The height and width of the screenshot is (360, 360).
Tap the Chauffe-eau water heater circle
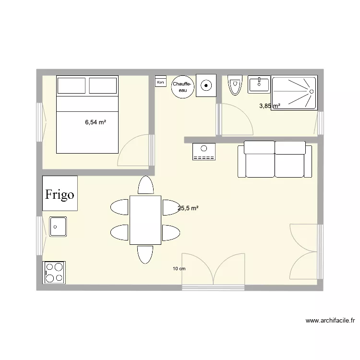(183, 87)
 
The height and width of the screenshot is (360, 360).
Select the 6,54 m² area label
(96, 122)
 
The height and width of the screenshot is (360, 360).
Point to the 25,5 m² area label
(188, 208)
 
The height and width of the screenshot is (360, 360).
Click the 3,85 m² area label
(270, 106)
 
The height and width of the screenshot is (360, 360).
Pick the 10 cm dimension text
(179, 269)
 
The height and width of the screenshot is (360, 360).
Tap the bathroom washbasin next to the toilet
(259, 84)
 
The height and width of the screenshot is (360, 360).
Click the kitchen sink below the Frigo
(58, 226)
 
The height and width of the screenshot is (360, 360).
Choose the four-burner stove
(54, 272)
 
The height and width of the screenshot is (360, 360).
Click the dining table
(145, 220)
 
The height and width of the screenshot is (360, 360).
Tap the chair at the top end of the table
(145, 185)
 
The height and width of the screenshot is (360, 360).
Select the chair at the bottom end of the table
(145, 254)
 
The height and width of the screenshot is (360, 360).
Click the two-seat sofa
(272, 159)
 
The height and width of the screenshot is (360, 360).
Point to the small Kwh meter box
(160, 82)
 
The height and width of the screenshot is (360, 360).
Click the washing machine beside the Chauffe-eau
(206, 85)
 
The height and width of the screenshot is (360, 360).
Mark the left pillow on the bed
(72, 85)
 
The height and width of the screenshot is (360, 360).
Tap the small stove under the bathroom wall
(204, 152)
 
